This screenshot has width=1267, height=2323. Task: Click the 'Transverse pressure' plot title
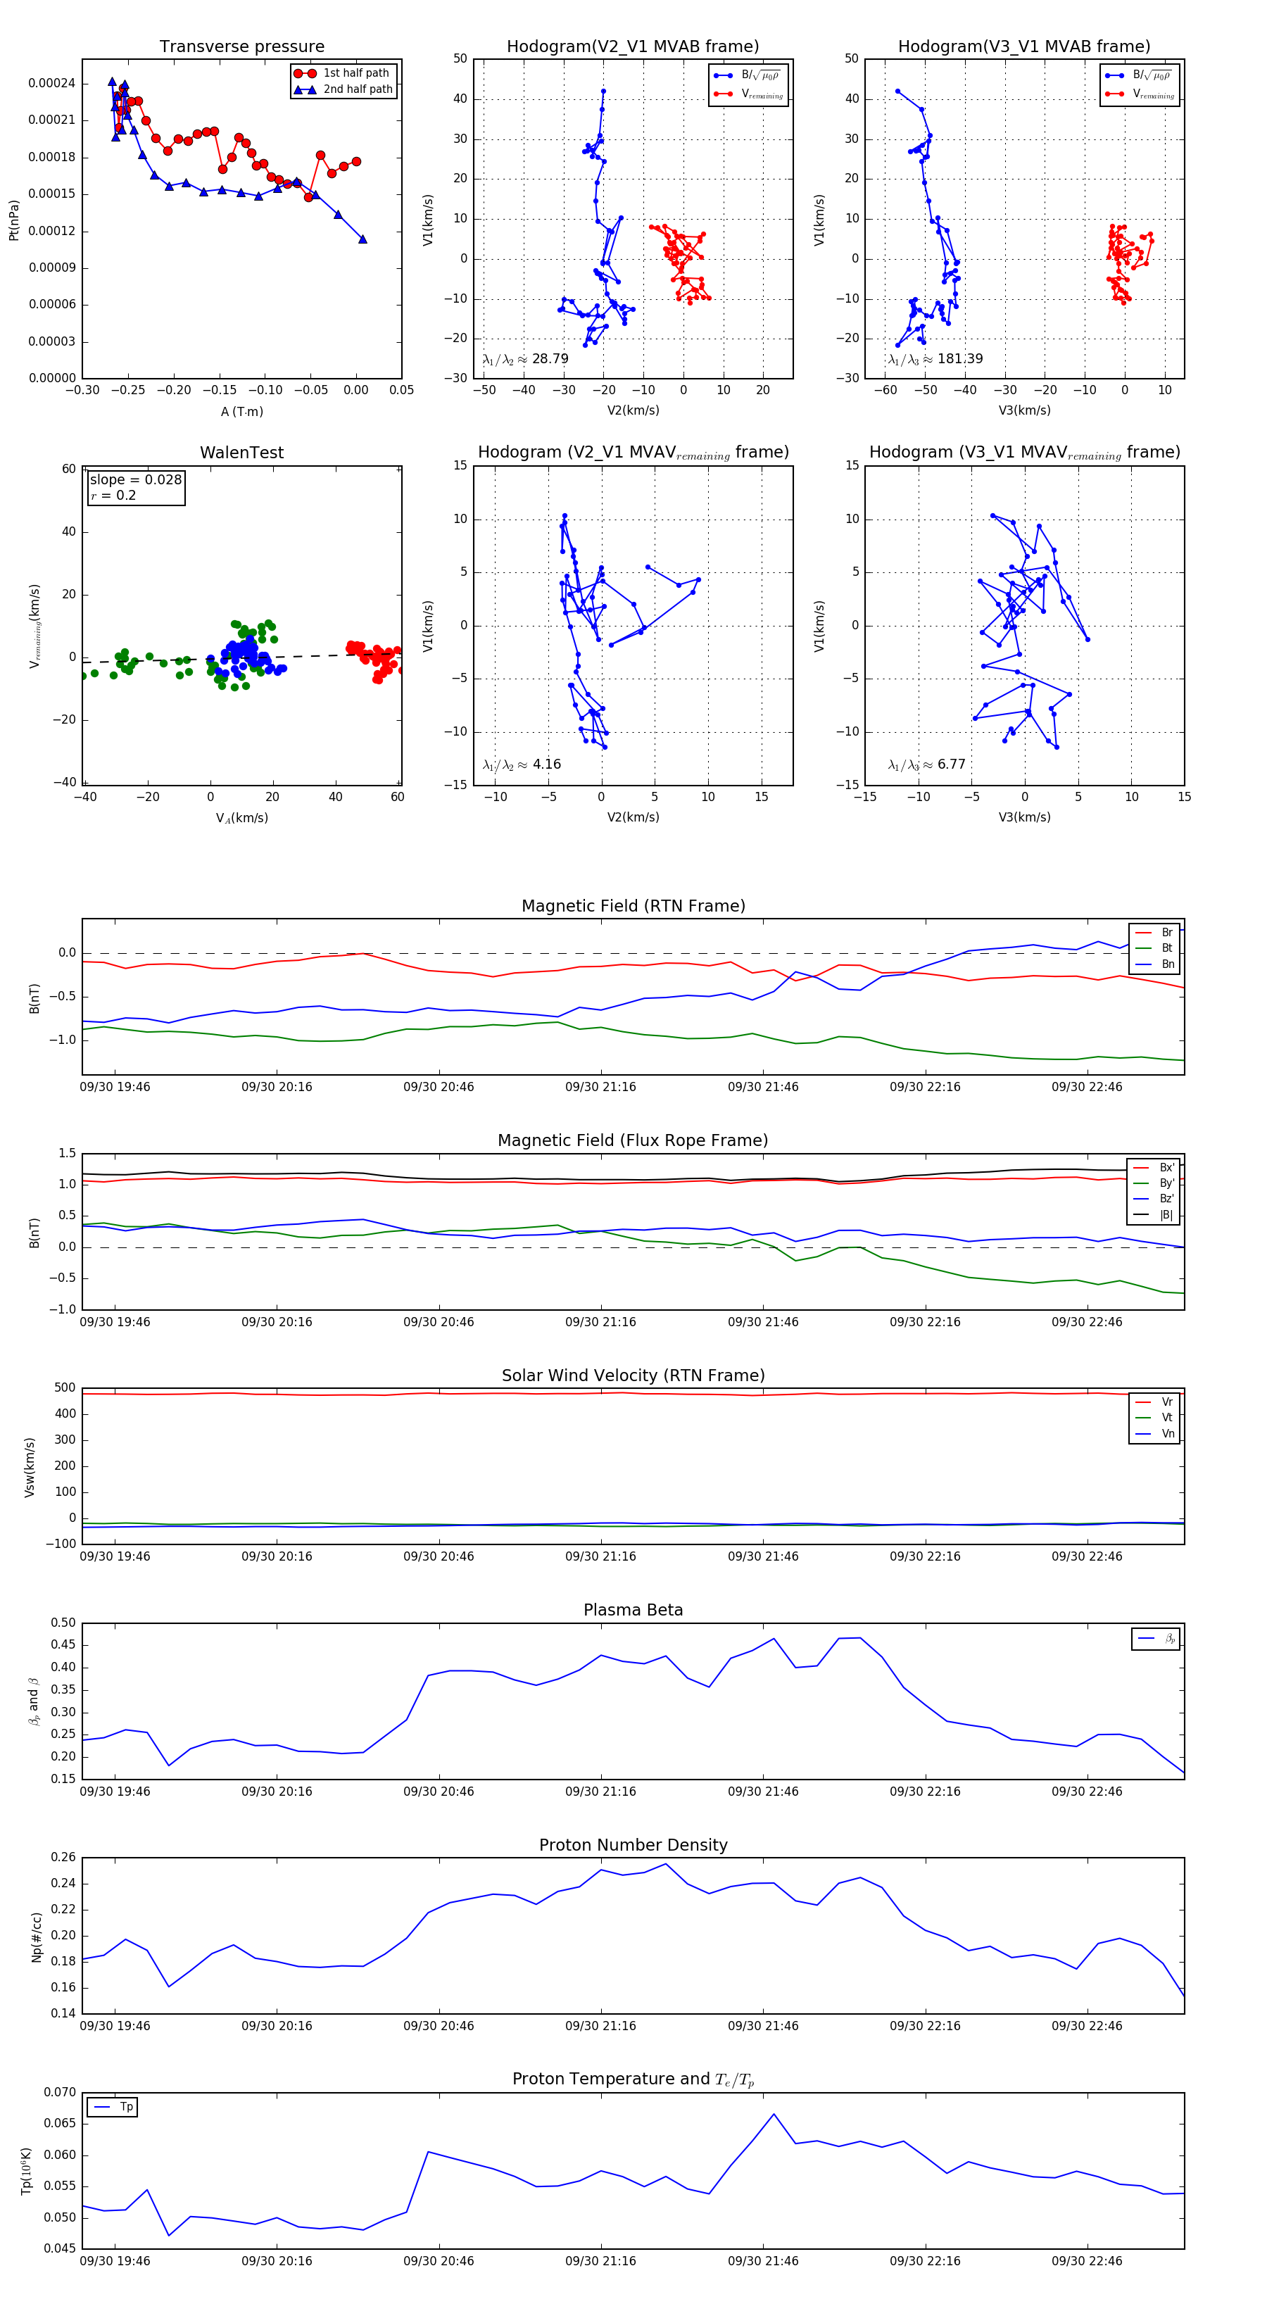(241, 47)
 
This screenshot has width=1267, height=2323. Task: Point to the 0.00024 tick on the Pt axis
(51, 84)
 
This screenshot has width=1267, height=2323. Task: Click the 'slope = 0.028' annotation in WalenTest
(135, 480)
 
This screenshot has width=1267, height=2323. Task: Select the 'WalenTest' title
(241, 453)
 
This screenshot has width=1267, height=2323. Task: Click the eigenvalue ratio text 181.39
(959, 359)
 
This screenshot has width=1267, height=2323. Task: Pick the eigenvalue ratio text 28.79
(549, 359)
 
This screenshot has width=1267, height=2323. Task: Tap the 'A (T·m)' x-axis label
(241, 412)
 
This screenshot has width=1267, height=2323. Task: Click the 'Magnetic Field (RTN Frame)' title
(633, 906)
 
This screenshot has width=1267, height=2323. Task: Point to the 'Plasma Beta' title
(633, 1611)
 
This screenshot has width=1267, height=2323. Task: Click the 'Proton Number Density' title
(633, 1845)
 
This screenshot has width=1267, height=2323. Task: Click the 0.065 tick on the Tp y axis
(60, 2124)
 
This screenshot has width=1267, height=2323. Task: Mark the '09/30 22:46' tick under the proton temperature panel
(1087, 2261)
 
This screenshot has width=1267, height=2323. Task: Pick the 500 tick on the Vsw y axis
(65, 1388)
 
